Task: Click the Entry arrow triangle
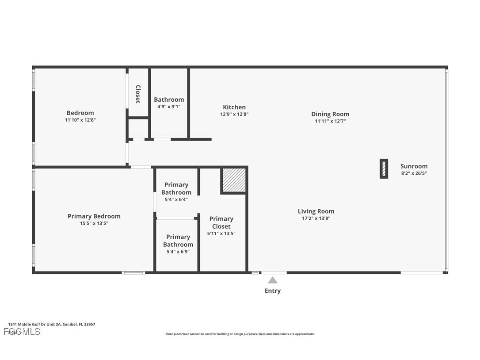(273, 280)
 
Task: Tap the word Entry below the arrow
(273, 291)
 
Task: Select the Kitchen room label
(234, 107)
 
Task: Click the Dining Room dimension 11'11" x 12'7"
(330, 121)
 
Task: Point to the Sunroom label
(414, 166)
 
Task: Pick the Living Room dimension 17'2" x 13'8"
(316, 218)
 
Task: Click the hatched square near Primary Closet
(234, 180)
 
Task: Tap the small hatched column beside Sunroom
(384, 169)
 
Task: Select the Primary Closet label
(221, 222)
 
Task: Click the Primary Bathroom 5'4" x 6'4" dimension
(176, 199)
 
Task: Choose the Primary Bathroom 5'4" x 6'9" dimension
(178, 252)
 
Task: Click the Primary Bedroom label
(94, 216)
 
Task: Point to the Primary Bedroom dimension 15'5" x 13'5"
(94, 223)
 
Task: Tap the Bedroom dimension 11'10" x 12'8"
(80, 120)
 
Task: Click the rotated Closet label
(138, 94)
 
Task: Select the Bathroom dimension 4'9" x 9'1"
(169, 107)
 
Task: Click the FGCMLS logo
(22, 331)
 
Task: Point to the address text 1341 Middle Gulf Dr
(51, 324)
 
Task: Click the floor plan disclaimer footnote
(240, 334)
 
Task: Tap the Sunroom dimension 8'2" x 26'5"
(414, 173)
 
